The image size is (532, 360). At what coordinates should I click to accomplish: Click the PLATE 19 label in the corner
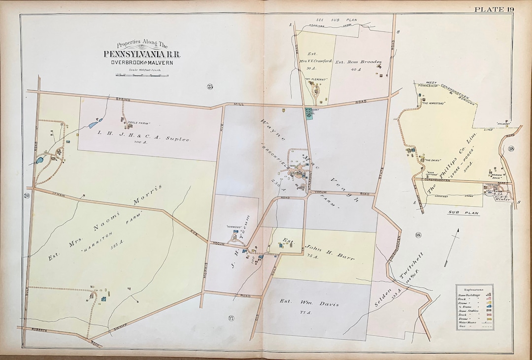coord(494,9)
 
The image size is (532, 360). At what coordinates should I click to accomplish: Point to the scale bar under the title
coord(141,75)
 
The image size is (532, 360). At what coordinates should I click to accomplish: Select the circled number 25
coord(210,87)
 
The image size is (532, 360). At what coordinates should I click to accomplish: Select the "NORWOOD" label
coord(233,228)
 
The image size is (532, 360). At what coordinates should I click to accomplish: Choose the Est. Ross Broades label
coord(358,63)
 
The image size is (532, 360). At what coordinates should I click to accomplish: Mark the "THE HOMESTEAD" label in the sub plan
coord(433,103)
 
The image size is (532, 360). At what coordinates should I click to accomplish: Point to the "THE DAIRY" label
coord(432,160)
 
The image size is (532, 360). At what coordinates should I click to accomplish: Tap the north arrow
coord(452,246)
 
